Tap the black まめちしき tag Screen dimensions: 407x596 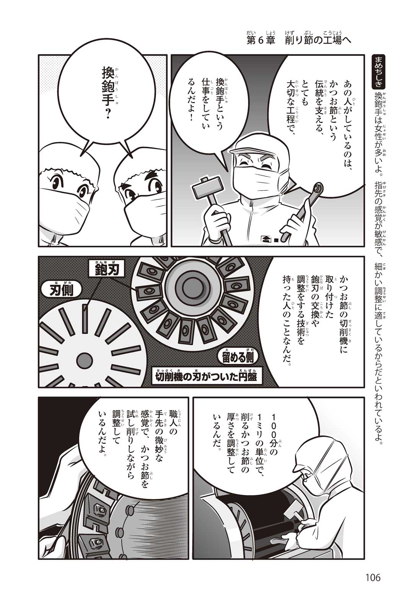379,71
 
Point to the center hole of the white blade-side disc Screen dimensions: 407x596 84,357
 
